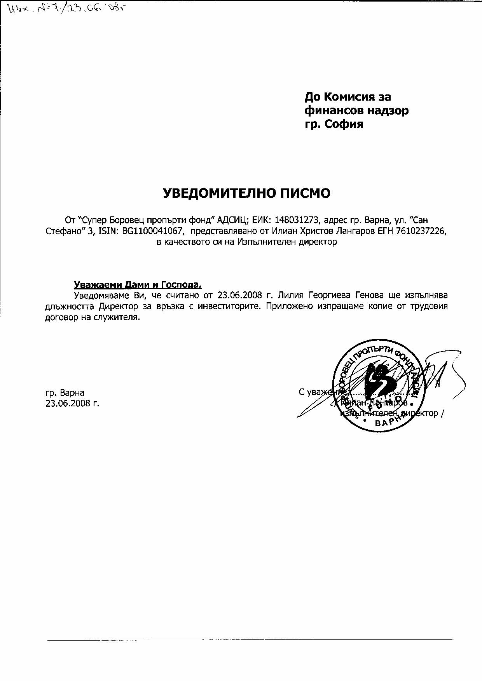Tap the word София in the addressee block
(x=342, y=124)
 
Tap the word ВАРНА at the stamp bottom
(x=389, y=421)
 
